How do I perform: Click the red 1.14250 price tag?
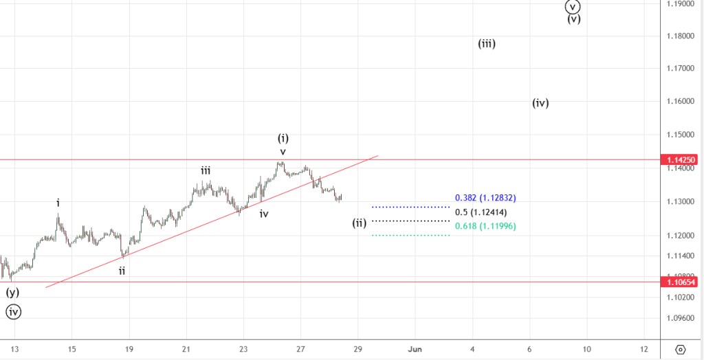[x=679, y=159]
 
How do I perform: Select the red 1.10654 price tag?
[x=679, y=282]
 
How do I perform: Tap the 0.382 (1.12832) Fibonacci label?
[x=485, y=198]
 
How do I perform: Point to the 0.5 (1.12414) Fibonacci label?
[x=485, y=212]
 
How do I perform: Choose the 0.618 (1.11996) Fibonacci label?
[x=485, y=226]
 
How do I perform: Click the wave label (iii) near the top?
[x=487, y=43]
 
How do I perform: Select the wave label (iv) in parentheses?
[x=540, y=103]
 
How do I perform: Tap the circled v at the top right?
[x=573, y=6]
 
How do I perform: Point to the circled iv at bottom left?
[x=14, y=312]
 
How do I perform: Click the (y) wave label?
[x=12, y=292]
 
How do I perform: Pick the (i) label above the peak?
[x=283, y=137]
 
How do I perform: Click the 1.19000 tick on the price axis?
[x=679, y=3]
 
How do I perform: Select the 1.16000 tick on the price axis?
[x=679, y=102]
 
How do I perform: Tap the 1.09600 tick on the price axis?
[x=679, y=318]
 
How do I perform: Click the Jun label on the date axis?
[x=415, y=349]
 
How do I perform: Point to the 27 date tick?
[x=300, y=349]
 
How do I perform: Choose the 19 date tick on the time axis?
[x=129, y=349]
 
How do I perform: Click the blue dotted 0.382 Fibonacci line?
[x=410, y=206]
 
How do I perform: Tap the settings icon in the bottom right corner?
[x=680, y=349]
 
